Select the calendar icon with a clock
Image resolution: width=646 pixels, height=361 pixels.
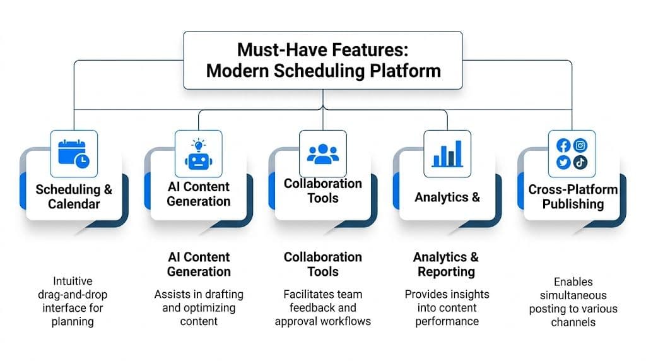(73, 153)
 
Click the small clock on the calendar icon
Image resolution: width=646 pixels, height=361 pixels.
(81, 161)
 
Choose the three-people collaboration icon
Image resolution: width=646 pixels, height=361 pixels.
(323, 153)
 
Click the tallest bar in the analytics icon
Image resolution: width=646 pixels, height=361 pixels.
(458, 151)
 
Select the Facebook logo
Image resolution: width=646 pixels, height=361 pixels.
(564, 145)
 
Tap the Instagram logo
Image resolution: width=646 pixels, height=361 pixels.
(580, 145)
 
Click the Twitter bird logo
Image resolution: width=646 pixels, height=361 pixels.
(564, 162)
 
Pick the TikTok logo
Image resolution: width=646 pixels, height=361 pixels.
(580, 162)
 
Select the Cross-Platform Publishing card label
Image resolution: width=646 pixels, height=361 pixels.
(573, 197)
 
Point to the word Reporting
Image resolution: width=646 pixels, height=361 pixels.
(446, 272)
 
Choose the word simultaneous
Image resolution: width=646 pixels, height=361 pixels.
(573, 295)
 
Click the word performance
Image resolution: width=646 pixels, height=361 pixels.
(446, 321)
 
